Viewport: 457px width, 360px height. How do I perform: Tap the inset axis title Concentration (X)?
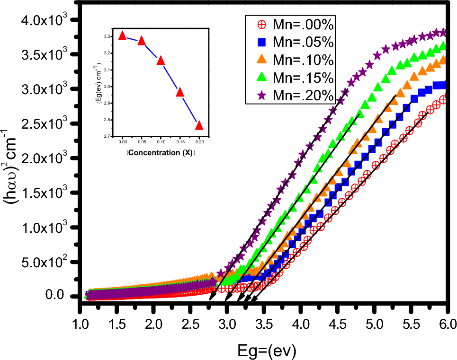161,153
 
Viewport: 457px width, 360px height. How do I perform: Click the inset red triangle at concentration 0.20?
199,125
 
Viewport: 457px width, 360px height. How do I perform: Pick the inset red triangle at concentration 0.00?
123,35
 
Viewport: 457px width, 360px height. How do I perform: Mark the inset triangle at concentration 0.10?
161,60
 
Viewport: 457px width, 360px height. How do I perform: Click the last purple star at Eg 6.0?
443,32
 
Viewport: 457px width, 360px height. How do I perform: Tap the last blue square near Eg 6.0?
443,85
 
